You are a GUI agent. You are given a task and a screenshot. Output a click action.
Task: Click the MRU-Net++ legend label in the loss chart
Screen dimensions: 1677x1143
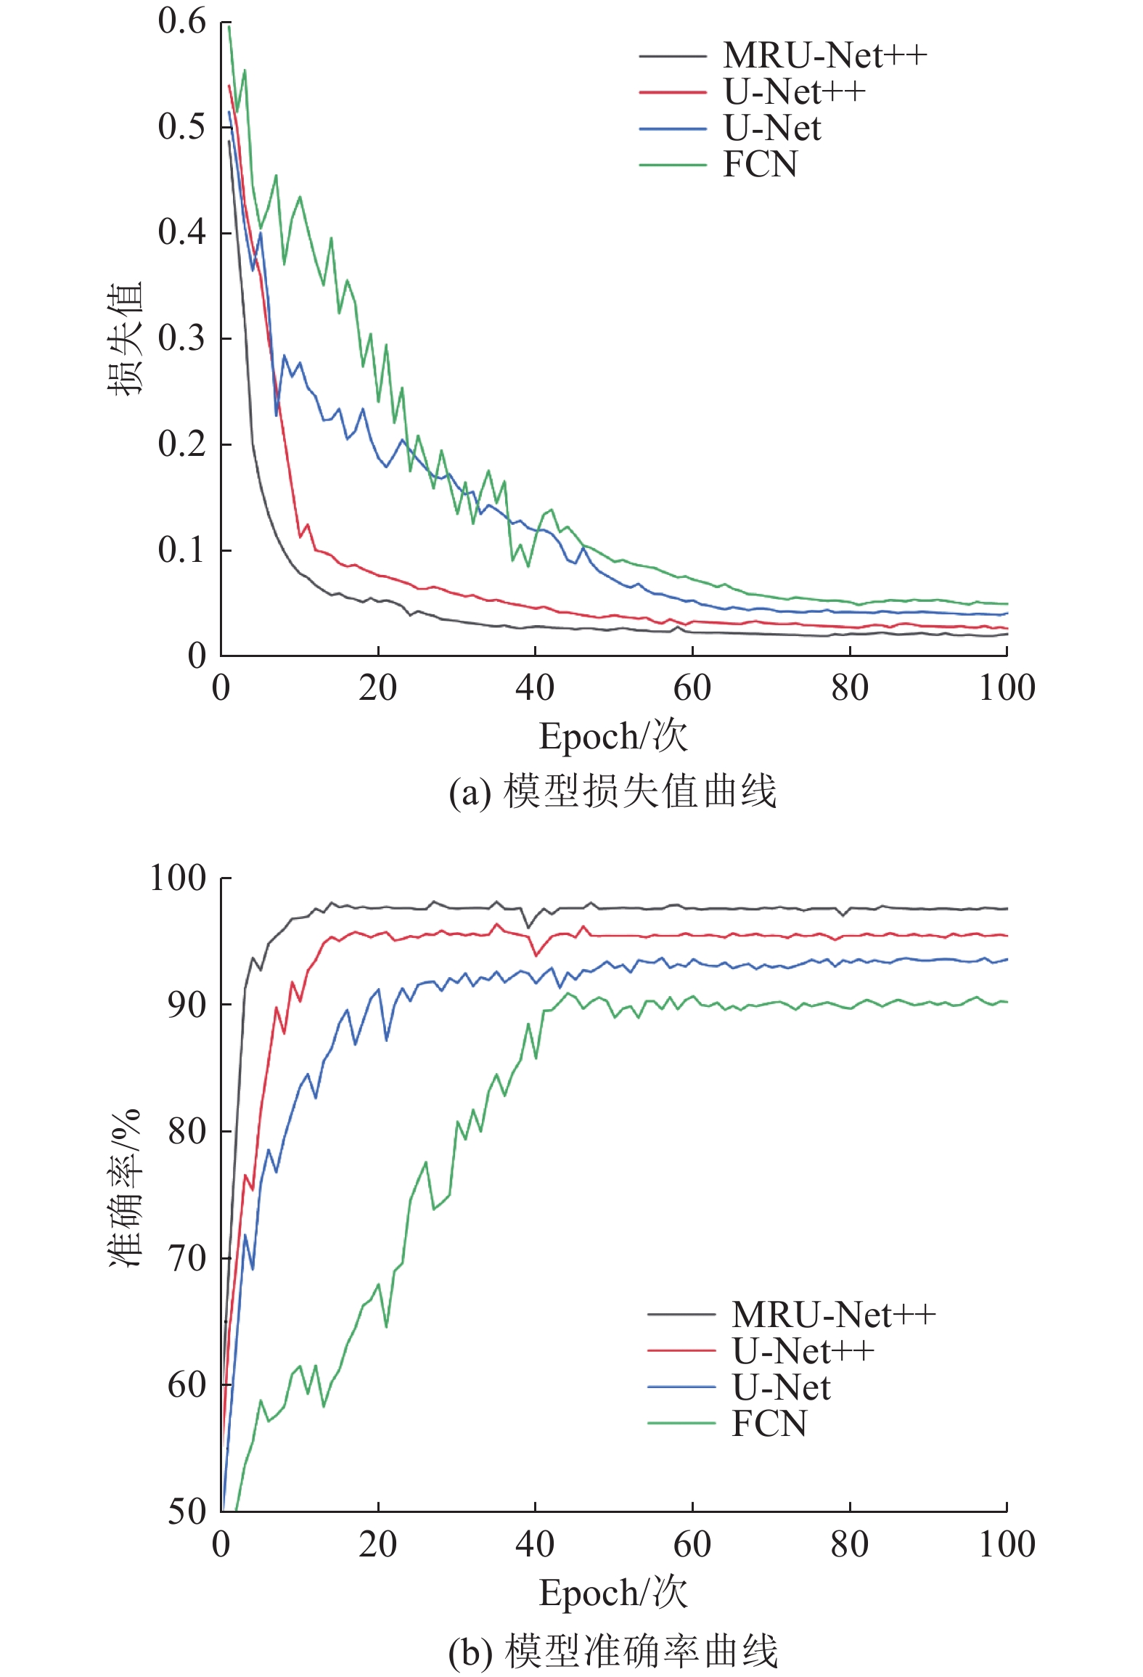(x=825, y=55)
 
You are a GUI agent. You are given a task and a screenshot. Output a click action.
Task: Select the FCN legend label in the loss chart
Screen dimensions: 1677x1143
(x=761, y=164)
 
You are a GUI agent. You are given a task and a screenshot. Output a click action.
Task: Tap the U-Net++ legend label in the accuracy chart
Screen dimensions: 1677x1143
(x=803, y=1351)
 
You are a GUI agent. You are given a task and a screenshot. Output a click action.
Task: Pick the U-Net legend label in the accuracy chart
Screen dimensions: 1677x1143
(x=782, y=1387)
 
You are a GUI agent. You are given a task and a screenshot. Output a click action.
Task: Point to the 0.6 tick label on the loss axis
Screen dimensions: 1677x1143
(x=182, y=22)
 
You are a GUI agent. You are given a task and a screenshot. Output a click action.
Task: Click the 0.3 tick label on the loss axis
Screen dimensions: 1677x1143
(x=182, y=338)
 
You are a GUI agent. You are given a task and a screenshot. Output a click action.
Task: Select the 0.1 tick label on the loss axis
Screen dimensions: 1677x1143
(x=182, y=550)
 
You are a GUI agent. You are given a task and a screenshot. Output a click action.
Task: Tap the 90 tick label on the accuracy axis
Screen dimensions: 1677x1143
(x=187, y=1005)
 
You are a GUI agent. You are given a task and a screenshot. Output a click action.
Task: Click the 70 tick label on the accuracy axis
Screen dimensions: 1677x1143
(x=187, y=1258)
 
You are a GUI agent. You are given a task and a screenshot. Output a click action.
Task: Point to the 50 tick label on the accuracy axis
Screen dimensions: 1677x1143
(x=187, y=1511)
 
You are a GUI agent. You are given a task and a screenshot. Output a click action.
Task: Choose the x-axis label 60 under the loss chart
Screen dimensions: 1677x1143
(x=692, y=688)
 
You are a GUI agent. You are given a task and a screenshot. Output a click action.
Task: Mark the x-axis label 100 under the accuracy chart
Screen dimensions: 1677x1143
(x=1007, y=1544)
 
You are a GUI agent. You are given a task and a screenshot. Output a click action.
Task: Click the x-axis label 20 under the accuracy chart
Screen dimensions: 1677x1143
(x=378, y=1544)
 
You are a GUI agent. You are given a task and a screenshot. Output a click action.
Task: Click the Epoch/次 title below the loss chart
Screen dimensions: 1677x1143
(x=613, y=736)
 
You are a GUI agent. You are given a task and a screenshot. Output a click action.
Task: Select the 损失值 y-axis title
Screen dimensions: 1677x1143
(x=126, y=338)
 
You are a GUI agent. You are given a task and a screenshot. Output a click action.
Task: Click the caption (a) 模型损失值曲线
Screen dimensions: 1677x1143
(x=613, y=791)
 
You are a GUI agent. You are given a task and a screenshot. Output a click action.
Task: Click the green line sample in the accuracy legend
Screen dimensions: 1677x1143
(x=681, y=1423)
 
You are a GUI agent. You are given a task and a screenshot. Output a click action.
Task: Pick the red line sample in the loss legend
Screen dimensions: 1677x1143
(x=673, y=92)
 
